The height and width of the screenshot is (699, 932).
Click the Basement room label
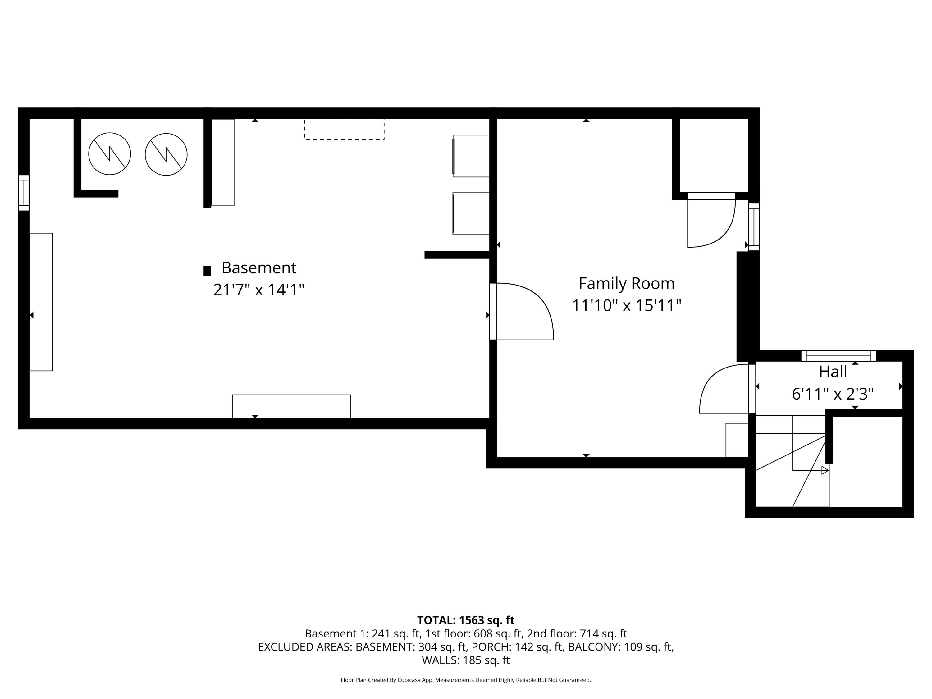(x=259, y=268)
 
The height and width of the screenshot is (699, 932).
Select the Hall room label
(x=833, y=372)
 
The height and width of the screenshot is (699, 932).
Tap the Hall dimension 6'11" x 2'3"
(x=833, y=394)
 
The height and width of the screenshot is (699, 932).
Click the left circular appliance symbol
(x=110, y=154)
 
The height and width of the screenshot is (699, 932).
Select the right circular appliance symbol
(x=166, y=154)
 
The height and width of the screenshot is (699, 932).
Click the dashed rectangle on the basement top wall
(x=344, y=129)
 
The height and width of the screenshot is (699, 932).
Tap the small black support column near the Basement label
(x=207, y=271)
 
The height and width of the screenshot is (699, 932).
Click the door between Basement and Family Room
(x=523, y=312)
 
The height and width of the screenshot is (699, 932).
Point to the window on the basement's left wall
(x=24, y=193)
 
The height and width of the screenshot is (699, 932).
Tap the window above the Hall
(x=838, y=356)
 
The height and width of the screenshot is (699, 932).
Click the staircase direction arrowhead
(x=825, y=471)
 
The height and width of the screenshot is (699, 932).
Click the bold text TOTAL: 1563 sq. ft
(x=466, y=620)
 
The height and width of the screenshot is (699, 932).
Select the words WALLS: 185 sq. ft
(x=466, y=660)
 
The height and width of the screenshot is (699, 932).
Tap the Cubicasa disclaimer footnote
(x=466, y=680)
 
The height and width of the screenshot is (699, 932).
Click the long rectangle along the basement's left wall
(x=41, y=302)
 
